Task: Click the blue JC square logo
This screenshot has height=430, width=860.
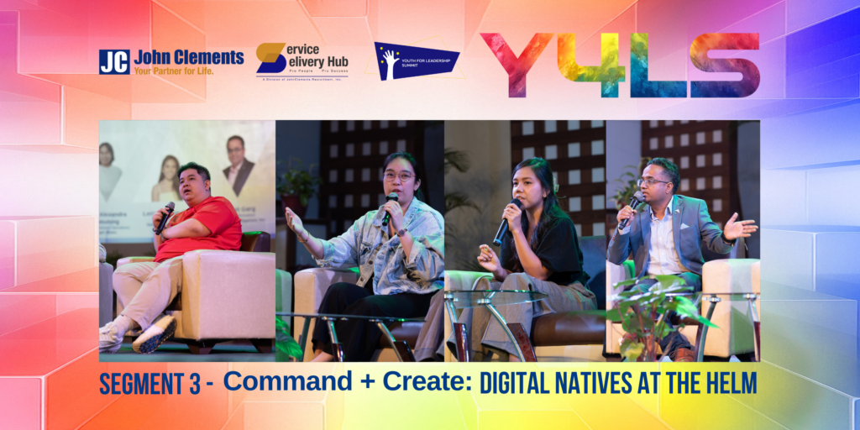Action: tap(114, 61)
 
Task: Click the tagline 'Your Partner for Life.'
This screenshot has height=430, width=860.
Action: tap(174, 71)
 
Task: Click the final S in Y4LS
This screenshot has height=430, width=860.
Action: tap(725, 65)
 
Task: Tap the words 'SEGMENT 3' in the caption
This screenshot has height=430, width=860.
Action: tap(149, 384)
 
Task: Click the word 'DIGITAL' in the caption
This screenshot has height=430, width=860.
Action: tap(517, 383)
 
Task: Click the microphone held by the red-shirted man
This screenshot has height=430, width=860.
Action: tap(165, 215)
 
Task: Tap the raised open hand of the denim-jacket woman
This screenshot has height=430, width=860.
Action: tap(295, 222)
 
